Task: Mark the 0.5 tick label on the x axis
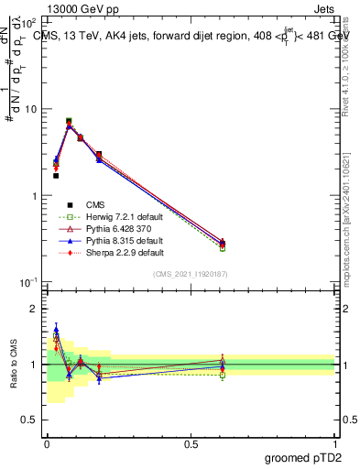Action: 191,442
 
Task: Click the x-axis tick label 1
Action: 335,442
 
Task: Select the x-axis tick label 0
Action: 47,442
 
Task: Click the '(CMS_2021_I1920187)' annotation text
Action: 191,274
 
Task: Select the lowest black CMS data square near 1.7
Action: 56,175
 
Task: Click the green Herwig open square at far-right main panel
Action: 223,248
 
